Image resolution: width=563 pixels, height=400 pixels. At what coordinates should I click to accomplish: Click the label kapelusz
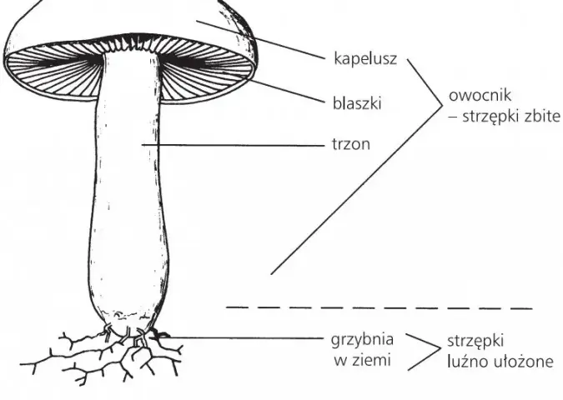point(365,58)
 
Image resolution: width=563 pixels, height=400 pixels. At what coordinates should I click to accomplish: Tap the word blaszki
point(357,103)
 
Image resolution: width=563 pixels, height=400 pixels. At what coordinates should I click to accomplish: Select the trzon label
point(351,144)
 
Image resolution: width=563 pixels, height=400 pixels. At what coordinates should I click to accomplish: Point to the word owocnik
point(480,96)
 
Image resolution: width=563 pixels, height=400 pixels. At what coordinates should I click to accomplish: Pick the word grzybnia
point(362,339)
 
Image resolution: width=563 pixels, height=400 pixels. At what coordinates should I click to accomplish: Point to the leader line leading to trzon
point(233,145)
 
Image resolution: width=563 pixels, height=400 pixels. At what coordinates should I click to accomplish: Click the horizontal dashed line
point(379,307)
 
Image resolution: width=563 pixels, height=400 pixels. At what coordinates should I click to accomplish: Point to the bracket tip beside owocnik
point(442,105)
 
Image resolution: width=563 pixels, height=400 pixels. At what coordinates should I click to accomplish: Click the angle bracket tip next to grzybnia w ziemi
point(440,347)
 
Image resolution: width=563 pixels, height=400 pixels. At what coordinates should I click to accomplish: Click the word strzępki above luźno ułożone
point(475,341)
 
